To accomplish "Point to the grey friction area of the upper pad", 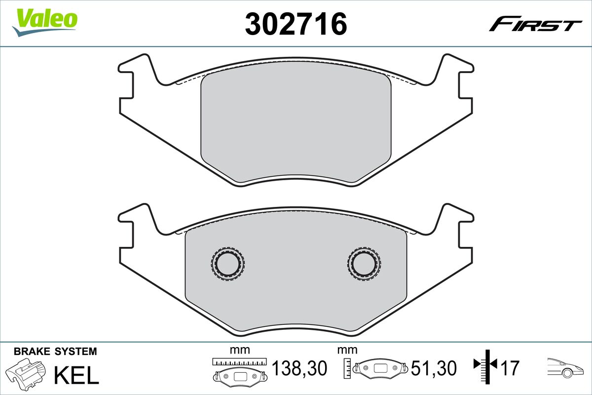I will pos(296,126).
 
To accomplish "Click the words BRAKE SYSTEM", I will pos(55,352).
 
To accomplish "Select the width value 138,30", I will pos(299,368).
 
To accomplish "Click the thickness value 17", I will pos(512,368).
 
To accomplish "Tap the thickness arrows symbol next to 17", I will pos(486,365).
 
